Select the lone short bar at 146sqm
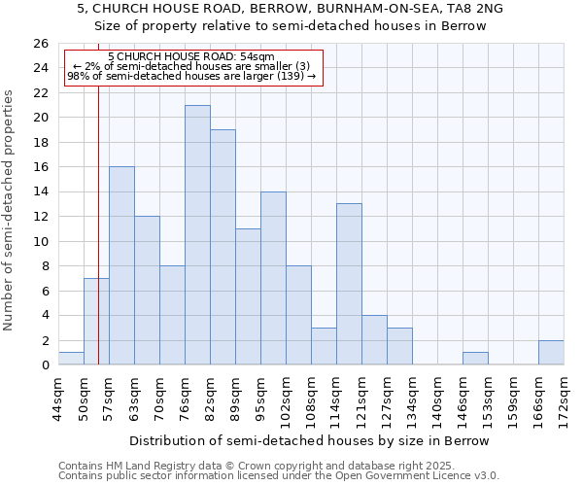click(x=475, y=359)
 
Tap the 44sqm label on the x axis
click(x=58, y=396)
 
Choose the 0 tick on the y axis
click(x=44, y=365)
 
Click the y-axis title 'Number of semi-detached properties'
click(x=10, y=210)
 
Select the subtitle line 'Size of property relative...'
click(x=290, y=26)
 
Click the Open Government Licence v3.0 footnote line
click(x=279, y=475)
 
